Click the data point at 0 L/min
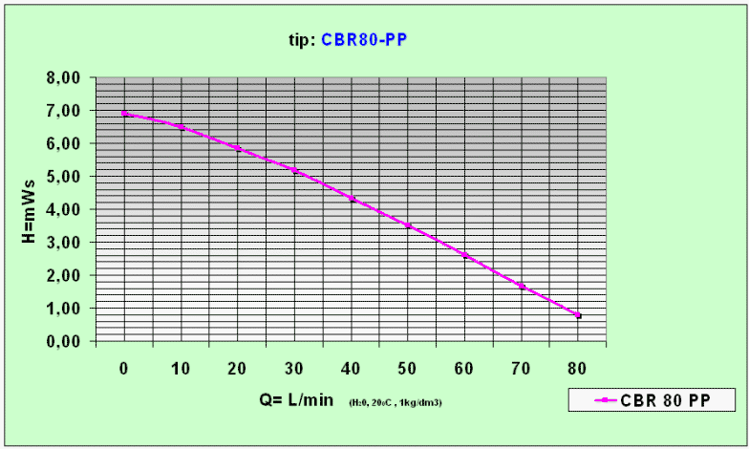click(124, 114)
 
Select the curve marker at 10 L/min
click(181, 127)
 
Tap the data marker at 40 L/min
click(352, 199)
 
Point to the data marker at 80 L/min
click(578, 315)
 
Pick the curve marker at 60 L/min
click(464, 255)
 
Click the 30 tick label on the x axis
click(294, 369)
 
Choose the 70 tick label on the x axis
click(522, 369)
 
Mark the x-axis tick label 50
click(408, 369)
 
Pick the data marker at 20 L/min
click(238, 148)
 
